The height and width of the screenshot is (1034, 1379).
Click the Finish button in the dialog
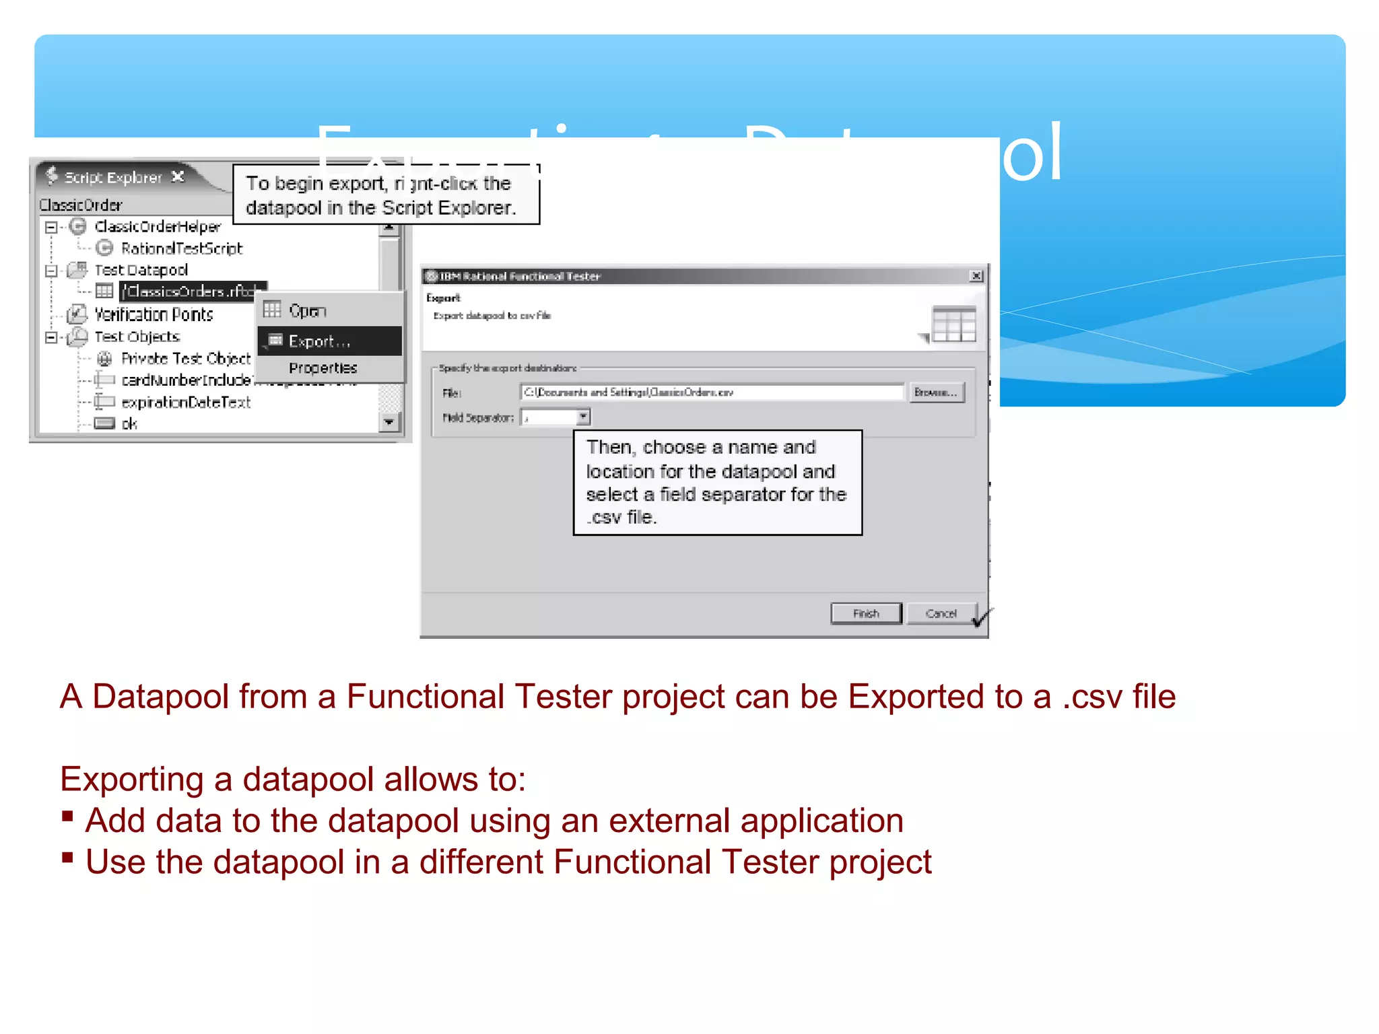(866, 613)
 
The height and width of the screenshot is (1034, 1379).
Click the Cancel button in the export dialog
(940, 613)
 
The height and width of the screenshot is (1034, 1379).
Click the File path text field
(711, 392)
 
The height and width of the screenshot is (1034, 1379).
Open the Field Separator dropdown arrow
(583, 417)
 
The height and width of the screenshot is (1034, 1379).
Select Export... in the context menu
(319, 341)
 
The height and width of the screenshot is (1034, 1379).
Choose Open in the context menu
(307, 311)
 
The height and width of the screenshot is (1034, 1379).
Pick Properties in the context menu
(323, 368)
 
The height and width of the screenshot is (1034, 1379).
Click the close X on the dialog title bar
(976, 276)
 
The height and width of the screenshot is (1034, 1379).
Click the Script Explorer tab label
(113, 177)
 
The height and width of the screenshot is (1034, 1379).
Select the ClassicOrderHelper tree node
(158, 227)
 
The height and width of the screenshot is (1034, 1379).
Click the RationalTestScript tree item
(181, 248)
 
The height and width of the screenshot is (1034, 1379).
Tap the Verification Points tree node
(154, 314)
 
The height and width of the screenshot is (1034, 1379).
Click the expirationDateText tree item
(186, 403)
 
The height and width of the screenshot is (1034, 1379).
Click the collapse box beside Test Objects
(51, 337)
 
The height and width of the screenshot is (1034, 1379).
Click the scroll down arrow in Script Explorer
(389, 422)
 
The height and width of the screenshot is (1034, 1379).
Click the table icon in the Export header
(953, 324)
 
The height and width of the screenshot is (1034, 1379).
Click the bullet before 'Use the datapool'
(67, 858)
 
